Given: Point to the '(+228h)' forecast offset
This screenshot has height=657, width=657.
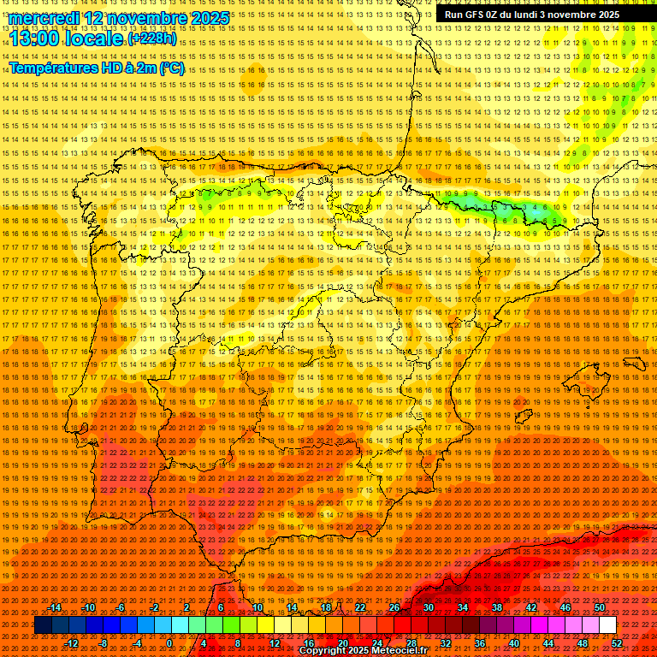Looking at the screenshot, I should (152, 38).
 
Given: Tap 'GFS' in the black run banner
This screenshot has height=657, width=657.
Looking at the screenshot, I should (480, 15).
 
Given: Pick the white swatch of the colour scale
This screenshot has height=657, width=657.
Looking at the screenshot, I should (608, 625).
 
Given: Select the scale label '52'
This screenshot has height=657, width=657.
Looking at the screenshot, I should (617, 643).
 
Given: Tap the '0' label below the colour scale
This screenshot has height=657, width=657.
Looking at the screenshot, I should (169, 643).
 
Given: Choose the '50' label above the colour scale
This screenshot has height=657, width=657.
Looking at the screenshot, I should (600, 607).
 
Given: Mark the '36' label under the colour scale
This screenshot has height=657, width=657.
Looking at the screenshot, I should (480, 643).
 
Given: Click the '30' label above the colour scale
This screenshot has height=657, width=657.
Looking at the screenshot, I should (429, 607).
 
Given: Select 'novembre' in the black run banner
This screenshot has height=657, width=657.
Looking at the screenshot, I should (571, 15).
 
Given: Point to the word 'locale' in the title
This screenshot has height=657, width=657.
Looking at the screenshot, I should (95, 38).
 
